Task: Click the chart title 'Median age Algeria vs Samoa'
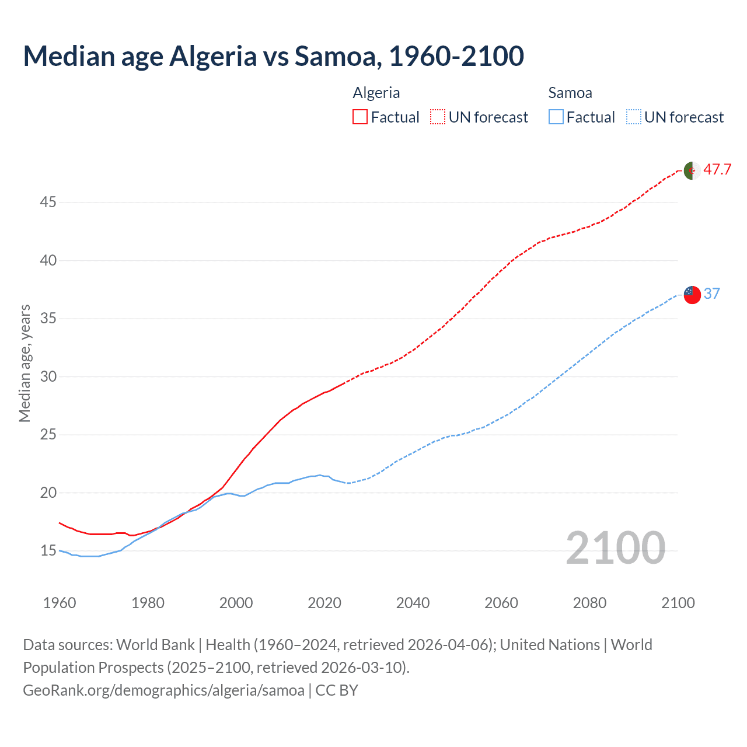pyautogui.click(x=273, y=57)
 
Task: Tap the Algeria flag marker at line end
pyautogui.click(x=692, y=171)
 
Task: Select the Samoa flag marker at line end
pyautogui.click(x=692, y=295)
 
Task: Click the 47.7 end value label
pyautogui.click(x=717, y=170)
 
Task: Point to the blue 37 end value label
pyautogui.click(x=711, y=294)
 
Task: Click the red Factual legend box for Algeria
pyautogui.click(x=360, y=117)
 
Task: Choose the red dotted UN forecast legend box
pyautogui.click(x=438, y=117)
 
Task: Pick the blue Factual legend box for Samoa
pyautogui.click(x=556, y=117)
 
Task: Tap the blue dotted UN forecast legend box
pyautogui.click(x=633, y=117)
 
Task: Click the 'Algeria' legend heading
pyautogui.click(x=376, y=93)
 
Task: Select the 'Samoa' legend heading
pyautogui.click(x=570, y=93)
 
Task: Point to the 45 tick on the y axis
pyautogui.click(x=48, y=203)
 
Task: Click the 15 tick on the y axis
pyautogui.click(x=48, y=551)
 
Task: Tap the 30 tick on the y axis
pyautogui.click(x=48, y=377)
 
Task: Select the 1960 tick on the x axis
pyautogui.click(x=60, y=603)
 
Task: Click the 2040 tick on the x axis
pyautogui.click(x=413, y=603)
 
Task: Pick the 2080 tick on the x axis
pyautogui.click(x=589, y=603)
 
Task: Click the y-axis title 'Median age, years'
pyautogui.click(x=25, y=363)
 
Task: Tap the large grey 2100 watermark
pyautogui.click(x=615, y=548)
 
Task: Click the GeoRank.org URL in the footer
pyautogui.click(x=163, y=690)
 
